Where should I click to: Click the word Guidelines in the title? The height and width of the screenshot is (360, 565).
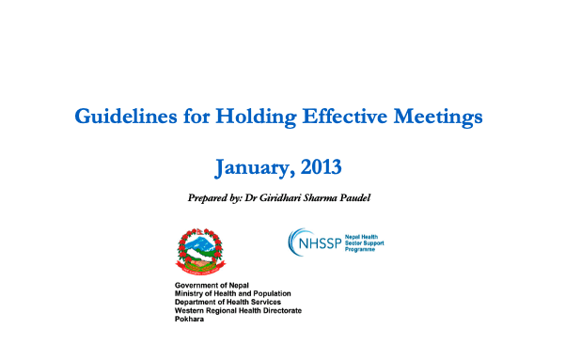[x=126, y=117]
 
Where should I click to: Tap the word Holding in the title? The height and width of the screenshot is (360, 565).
[x=256, y=117]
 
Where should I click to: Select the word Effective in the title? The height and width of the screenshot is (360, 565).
[x=345, y=116]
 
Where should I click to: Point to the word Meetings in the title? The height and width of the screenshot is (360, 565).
[x=438, y=117]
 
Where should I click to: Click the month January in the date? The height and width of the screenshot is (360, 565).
[x=254, y=168]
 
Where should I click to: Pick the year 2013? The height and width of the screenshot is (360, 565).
[x=321, y=167]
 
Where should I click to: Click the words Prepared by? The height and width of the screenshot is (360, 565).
[x=214, y=197]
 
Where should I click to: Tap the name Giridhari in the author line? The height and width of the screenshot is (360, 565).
[x=280, y=197]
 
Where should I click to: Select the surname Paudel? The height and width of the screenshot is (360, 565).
[x=355, y=197]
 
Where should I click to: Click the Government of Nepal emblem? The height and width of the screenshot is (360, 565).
[x=200, y=252]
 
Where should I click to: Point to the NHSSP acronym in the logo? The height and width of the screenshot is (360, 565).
[x=320, y=243]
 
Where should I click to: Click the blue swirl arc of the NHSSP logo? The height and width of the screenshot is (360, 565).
[x=292, y=242]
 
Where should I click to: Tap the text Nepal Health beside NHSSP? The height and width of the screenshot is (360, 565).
[x=361, y=237]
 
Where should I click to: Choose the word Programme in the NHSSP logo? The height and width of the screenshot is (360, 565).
[x=360, y=249]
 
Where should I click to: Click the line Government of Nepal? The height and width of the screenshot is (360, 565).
[x=212, y=286]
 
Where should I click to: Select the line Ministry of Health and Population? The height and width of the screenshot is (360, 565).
[x=233, y=293]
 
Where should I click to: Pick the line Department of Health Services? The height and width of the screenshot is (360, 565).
[x=228, y=302]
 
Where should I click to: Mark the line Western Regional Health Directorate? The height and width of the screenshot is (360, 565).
[x=238, y=310]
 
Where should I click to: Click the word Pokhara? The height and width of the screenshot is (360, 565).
[x=189, y=319]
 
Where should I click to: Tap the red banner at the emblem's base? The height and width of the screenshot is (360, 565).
[x=200, y=271]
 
